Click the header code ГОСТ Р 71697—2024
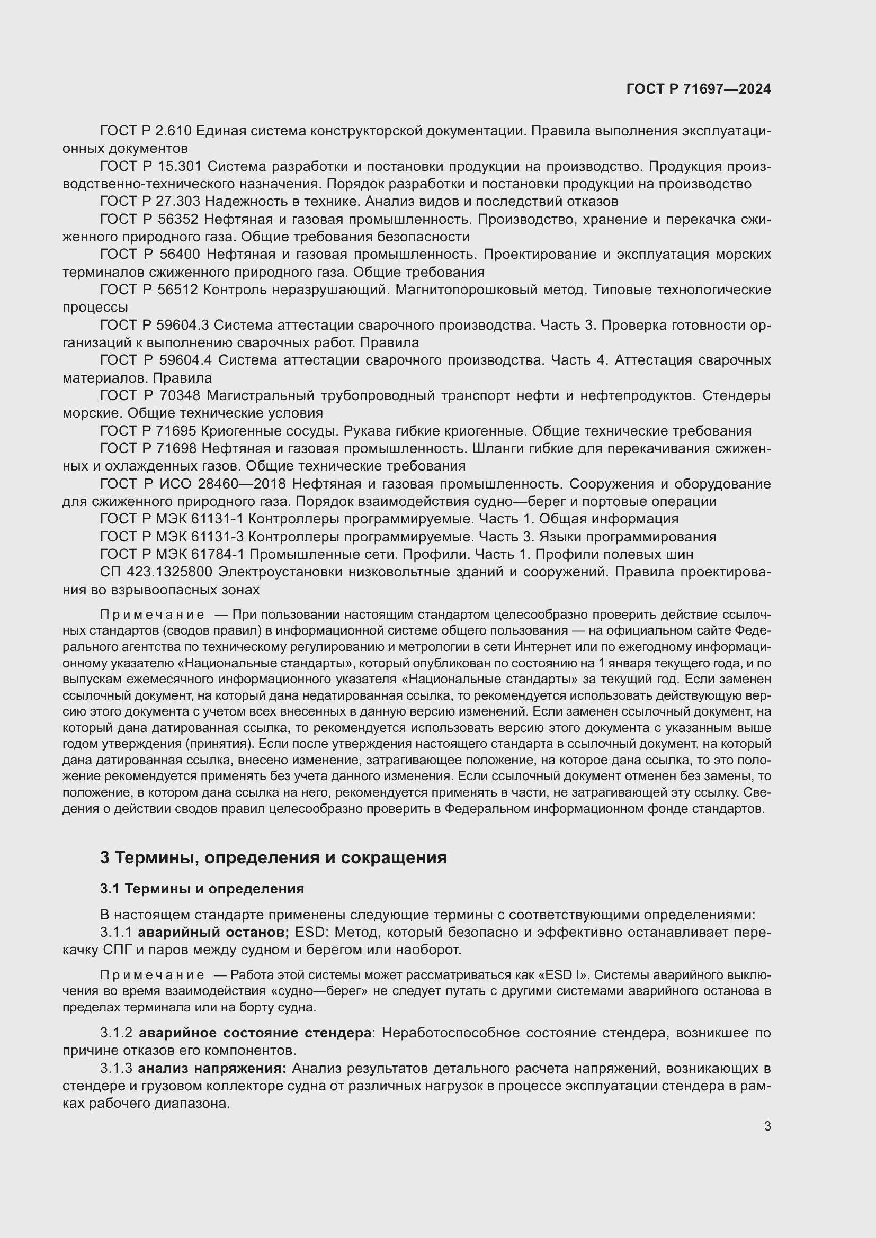pyautogui.click(x=699, y=89)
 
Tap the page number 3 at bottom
pyautogui.click(x=767, y=1126)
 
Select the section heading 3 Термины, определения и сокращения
pyautogui.click(x=273, y=857)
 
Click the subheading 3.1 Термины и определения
pyautogui.click(x=202, y=889)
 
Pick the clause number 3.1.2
pyautogui.click(x=116, y=1033)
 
